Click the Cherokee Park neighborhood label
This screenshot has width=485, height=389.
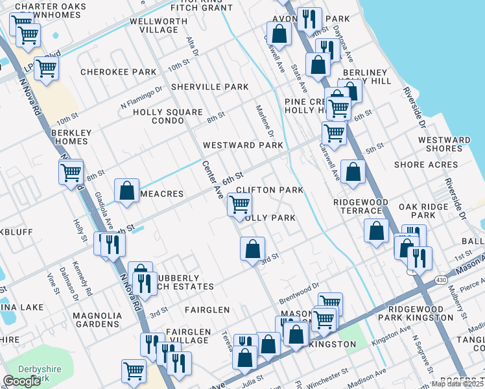coord(118,72)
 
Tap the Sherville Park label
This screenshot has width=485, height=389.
coord(210,87)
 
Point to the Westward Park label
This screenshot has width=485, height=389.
coord(243,145)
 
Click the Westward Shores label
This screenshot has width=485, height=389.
coord(444,144)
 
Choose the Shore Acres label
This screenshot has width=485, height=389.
coord(426,165)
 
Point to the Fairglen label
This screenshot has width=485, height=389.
coord(207,310)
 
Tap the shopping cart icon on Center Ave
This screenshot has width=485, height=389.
coord(239,205)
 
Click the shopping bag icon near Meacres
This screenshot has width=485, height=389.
coord(127,191)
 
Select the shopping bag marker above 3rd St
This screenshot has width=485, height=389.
coord(252,248)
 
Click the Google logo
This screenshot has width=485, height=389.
coord(21,381)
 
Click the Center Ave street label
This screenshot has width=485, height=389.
coord(213,180)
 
